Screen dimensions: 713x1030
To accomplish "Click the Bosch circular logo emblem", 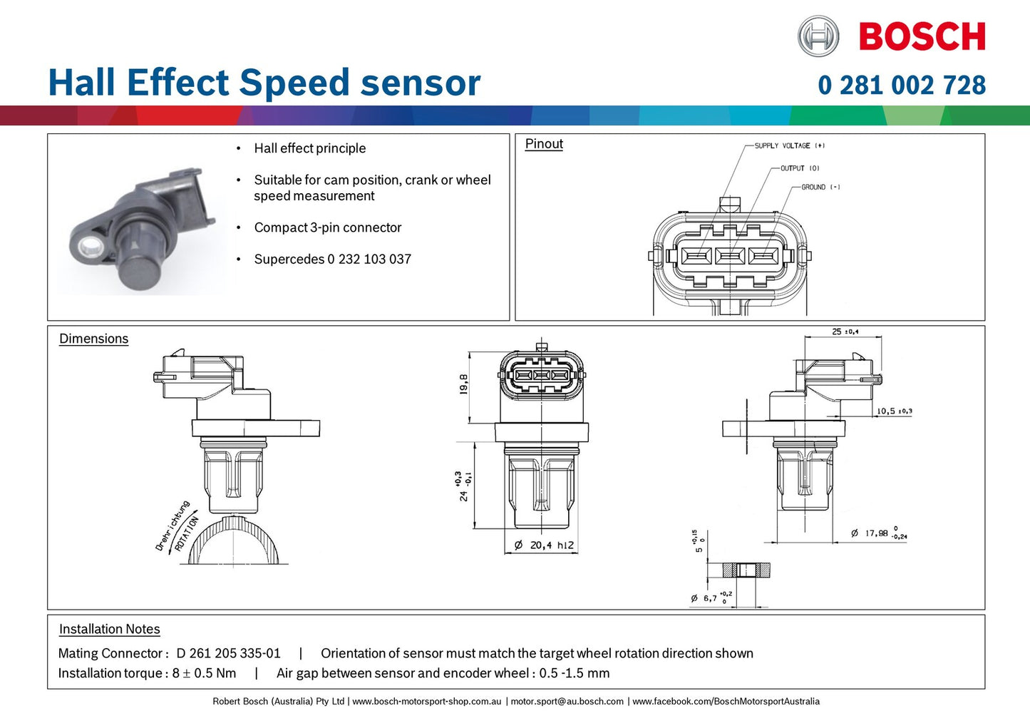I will [x=818, y=36].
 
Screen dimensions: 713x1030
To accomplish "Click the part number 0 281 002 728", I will [x=901, y=86].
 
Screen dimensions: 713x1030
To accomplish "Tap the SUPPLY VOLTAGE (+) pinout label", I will [x=789, y=145].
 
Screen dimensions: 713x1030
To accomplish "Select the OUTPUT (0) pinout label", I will [x=799, y=168].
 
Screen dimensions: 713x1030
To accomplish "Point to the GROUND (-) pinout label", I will [x=820, y=187].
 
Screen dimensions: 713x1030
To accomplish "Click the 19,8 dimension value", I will [x=464, y=384].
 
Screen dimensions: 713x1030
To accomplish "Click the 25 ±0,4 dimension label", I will [x=845, y=332].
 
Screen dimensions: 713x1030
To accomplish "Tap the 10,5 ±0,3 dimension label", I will [x=894, y=411].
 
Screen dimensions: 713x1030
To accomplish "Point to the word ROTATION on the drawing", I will [x=187, y=534].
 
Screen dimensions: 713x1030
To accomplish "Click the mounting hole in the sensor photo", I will [x=91, y=248].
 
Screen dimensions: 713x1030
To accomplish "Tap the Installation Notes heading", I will [x=109, y=629].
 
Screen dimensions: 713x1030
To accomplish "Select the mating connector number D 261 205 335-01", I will [x=228, y=653].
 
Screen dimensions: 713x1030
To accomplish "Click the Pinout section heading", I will [x=544, y=144].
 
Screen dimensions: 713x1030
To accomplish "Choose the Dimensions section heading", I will [x=93, y=339].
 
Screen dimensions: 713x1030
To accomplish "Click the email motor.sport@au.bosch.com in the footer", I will [x=567, y=702].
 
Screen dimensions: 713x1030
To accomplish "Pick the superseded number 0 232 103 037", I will [x=369, y=260].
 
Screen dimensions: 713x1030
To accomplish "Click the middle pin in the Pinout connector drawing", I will [x=729, y=256].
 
